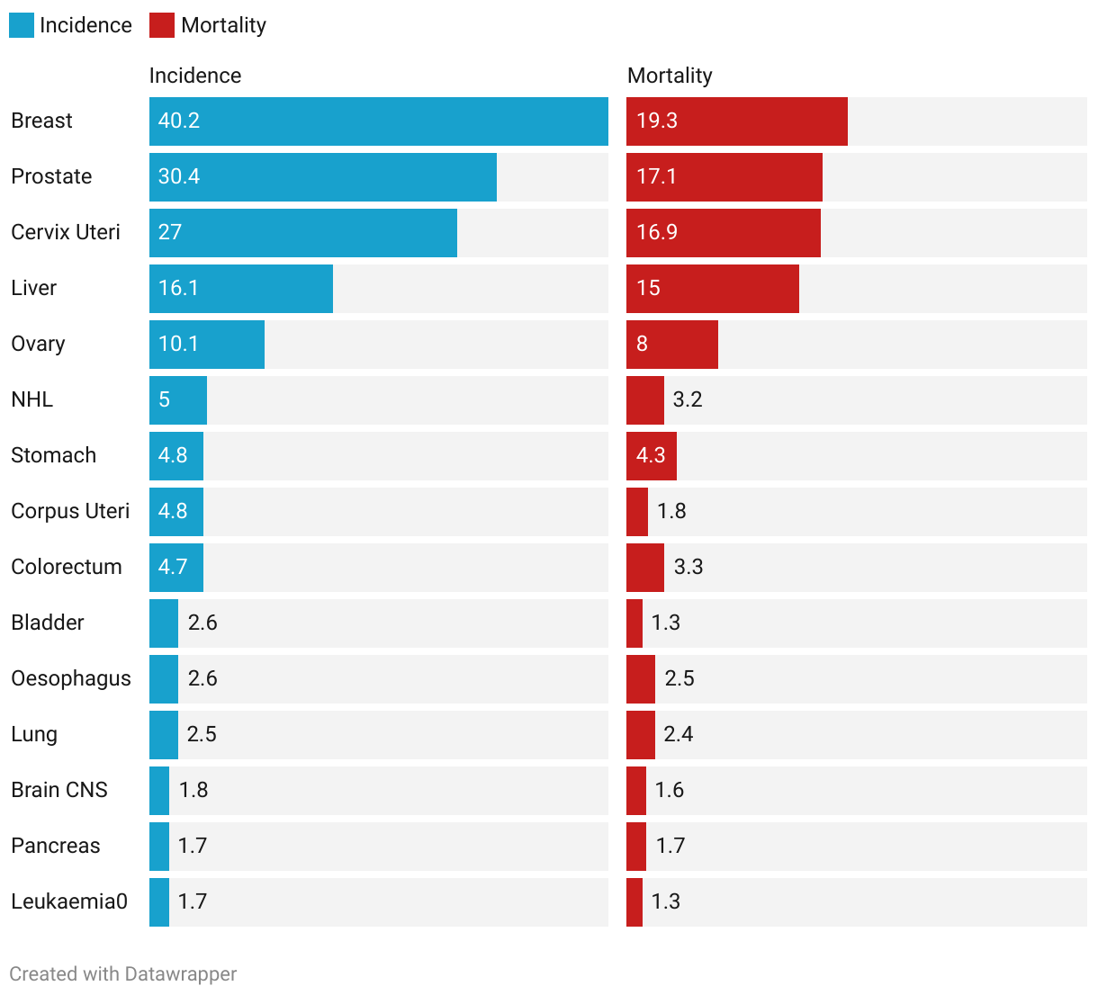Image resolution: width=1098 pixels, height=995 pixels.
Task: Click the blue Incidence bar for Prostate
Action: (322, 177)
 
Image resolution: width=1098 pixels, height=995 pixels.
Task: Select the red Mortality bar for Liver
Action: (712, 289)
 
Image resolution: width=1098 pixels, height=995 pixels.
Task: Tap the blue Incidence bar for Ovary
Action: (206, 345)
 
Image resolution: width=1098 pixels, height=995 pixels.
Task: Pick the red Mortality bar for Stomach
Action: (651, 456)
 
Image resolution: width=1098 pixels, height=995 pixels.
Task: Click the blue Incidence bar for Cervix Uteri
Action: (302, 233)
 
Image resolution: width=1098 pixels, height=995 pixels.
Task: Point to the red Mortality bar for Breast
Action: (736, 121)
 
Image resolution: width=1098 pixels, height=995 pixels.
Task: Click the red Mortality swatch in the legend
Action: (162, 25)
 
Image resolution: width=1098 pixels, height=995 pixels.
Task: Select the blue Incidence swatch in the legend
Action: (22, 25)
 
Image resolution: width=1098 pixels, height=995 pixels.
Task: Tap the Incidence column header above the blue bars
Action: (195, 76)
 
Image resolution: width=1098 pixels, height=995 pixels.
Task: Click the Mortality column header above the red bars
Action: (670, 76)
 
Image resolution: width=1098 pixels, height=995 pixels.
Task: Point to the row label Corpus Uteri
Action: (70, 511)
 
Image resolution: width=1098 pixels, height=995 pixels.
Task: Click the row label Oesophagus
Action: (71, 678)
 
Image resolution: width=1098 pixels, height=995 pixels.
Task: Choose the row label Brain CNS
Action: (59, 790)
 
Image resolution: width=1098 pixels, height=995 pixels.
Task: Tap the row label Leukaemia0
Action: (69, 901)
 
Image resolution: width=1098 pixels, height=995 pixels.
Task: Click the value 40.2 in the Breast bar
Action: (179, 121)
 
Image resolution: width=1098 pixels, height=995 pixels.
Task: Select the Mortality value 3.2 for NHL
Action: (688, 399)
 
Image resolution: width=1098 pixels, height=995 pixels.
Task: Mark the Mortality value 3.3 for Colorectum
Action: (688, 567)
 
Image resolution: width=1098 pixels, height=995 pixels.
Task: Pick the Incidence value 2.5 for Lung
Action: (202, 734)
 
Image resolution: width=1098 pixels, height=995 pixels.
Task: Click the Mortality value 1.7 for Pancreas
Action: (670, 846)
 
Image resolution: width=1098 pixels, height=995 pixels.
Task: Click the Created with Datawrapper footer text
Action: (123, 974)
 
